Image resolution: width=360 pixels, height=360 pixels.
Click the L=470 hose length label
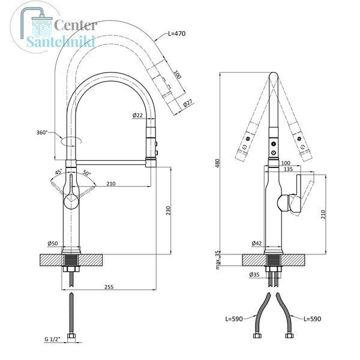point(176,34)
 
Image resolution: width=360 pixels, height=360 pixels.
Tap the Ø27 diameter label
point(188,103)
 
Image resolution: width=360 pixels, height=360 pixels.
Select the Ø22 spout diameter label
point(137,115)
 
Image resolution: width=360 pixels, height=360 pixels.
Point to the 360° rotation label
point(42,133)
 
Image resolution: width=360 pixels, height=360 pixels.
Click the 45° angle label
point(58,172)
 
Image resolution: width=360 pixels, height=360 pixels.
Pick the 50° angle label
point(86,173)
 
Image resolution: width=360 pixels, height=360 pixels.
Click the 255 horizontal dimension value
point(109,287)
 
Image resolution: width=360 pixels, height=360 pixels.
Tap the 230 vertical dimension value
point(169,211)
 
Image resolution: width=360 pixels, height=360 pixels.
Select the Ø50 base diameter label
point(53,244)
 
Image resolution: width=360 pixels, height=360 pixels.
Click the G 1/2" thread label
point(52,339)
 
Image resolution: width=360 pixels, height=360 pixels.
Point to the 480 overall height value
point(217,163)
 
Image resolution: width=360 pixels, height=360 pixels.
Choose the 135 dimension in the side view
point(289,169)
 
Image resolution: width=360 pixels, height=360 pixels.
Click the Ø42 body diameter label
point(256,243)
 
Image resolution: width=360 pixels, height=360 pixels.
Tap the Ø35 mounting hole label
point(254,274)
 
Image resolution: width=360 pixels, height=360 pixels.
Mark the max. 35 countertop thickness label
point(217,260)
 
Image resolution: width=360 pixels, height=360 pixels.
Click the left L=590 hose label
point(234,319)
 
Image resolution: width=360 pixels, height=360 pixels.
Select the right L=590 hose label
point(312,319)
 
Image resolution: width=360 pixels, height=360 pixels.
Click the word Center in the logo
point(76,25)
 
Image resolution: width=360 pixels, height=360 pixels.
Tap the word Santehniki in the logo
point(61,41)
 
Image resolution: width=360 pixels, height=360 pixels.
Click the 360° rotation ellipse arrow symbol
point(71,141)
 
